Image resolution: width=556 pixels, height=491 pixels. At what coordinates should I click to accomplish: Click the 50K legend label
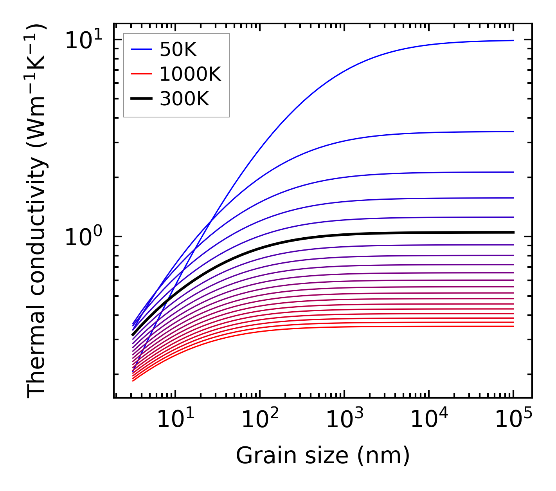pyautogui.click(x=178, y=50)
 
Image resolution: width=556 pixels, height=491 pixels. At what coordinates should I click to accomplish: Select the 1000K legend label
pyautogui.click(x=190, y=74)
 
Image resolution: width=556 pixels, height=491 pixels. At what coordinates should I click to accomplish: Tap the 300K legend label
pyautogui.click(x=184, y=99)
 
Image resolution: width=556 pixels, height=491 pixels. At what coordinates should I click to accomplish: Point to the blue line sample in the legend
pyautogui.click(x=141, y=49)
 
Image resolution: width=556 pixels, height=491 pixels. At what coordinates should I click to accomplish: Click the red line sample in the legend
pyautogui.click(x=141, y=74)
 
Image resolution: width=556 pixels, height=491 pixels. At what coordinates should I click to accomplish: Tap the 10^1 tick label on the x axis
pyautogui.click(x=175, y=420)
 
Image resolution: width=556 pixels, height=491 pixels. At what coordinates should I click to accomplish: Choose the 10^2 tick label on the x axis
pyautogui.click(x=260, y=420)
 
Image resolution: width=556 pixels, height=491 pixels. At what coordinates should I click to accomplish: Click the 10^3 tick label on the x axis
pyautogui.click(x=344, y=420)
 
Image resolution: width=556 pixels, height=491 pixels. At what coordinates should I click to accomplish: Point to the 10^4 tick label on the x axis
pyautogui.click(x=429, y=420)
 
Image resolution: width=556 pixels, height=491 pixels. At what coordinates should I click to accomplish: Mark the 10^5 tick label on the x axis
pyautogui.click(x=513, y=420)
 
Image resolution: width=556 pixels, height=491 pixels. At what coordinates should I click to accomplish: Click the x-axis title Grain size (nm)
pyautogui.click(x=323, y=456)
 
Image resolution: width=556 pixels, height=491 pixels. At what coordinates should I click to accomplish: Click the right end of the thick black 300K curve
pyautogui.click(x=513, y=233)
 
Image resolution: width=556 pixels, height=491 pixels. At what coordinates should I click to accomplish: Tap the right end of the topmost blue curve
pyautogui.click(x=513, y=40)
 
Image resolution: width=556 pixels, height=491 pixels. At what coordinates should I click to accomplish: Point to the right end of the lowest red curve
pyautogui.click(x=513, y=326)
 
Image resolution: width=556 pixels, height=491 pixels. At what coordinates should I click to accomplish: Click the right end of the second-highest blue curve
pyautogui.click(x=513, y=132)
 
